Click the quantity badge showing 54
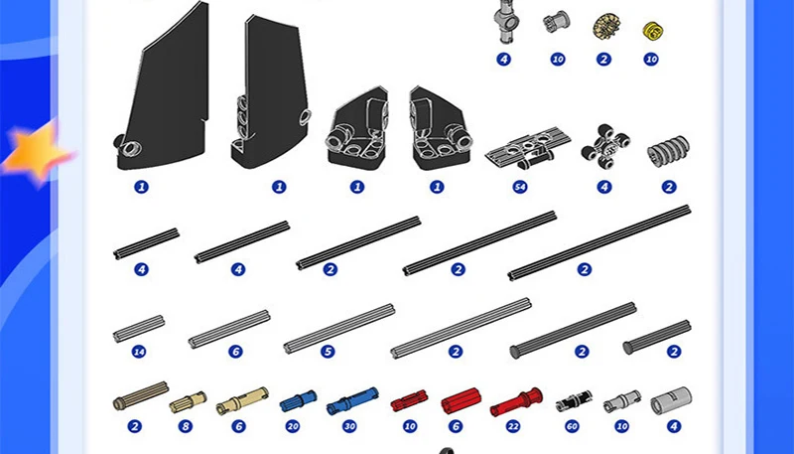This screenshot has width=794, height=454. tap(519, 186)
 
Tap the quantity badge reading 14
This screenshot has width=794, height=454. tap(139, 352)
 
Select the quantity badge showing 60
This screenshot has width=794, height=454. tap(571, 426)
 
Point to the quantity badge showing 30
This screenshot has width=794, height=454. tap(348, 426)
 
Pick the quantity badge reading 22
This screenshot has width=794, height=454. tap(513, 426)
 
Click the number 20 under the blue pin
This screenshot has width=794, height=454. tap(292, 426)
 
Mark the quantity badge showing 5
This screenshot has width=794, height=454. tap(328, 352)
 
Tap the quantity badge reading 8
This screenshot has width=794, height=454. tap(185, 426)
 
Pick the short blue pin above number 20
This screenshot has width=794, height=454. tap(294, 401)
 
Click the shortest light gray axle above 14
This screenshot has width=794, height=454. tap(138, 327)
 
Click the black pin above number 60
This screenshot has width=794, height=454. tap(573, 400)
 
